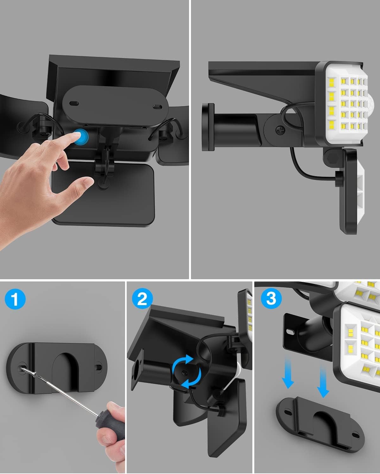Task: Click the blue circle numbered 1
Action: [x=15, y=299]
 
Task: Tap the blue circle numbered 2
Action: [x=142, y=299]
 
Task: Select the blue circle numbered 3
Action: [x=271, y=298]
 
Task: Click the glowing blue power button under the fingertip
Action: [x=81, y=137]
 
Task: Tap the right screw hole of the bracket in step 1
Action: [x=98, y=367]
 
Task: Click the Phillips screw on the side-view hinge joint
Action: [x=281, y=130]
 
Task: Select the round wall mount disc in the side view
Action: [x=208, y=127]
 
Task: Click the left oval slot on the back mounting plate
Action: [x=74, y=103]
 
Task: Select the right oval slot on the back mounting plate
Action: [x=158, y=107]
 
